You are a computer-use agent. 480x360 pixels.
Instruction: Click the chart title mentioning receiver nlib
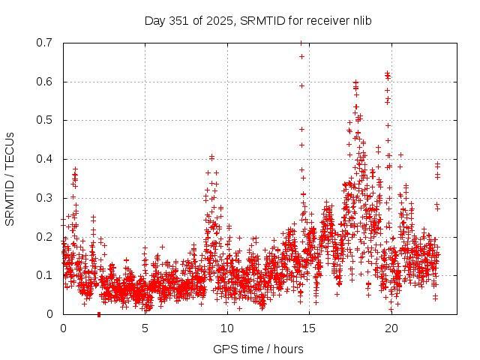point(258,20)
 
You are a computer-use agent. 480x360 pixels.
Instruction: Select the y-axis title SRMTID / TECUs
point(10,178)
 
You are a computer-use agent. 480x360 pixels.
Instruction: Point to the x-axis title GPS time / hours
point(258,349)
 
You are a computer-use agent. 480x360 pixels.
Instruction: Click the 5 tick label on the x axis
point(145,328)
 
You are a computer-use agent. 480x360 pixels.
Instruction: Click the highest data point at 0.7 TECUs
point(301,43)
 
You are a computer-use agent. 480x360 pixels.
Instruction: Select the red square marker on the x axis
point(99,314)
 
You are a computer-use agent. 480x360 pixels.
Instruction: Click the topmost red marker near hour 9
point(211,157)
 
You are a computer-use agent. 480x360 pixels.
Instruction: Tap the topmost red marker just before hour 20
point(387,73)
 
